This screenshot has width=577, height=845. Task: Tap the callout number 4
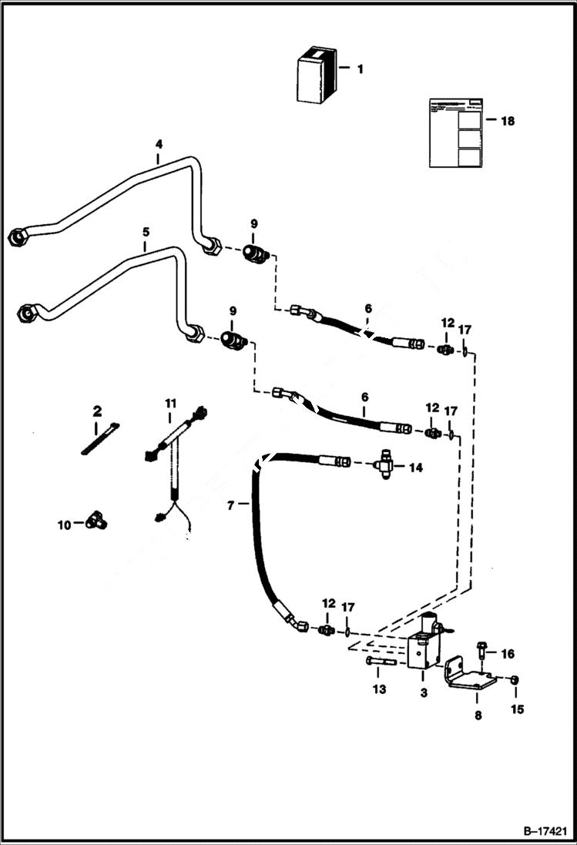click(x=159, y=144)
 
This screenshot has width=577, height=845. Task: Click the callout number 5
click(x=146, y=231)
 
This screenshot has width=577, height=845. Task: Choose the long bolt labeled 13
click(x=377, y=660)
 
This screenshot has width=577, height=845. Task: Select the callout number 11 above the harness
click(x=170, y=403)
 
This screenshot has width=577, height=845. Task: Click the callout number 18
click(x=508, y=121)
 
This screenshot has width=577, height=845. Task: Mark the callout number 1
click(x=359, y=69)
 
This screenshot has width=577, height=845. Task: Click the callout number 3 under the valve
click(x=423, y=693)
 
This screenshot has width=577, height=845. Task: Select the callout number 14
click(x=417, y=467)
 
